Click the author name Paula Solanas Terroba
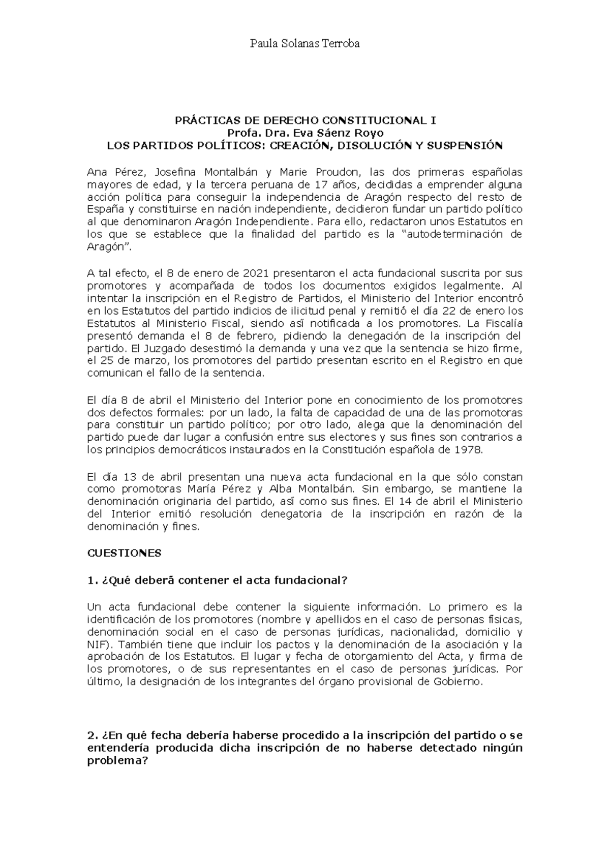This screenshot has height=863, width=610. pyautogui.click(x=304, y=44)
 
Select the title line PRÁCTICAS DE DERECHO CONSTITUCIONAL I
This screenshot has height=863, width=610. pyautogui.click(x=305, y=121)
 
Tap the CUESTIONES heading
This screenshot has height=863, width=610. pyautogui.click(x=124, y=553)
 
